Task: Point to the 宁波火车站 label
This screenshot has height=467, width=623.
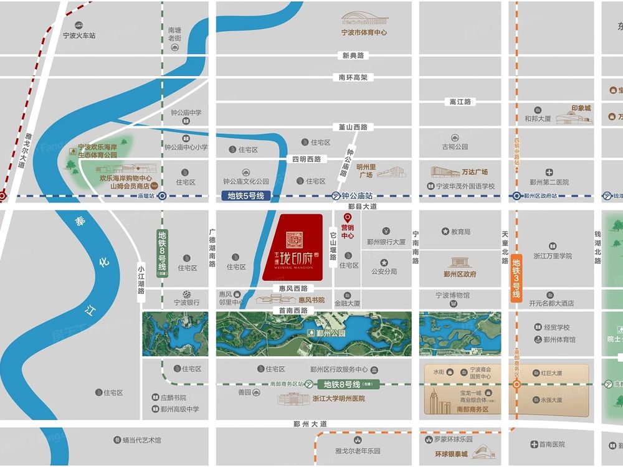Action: (x=79, y=35)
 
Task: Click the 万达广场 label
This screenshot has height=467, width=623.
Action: (x=475, y=172)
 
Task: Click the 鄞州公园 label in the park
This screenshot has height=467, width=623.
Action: (x=330, y=333)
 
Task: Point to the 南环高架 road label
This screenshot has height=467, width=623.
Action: (x=353, y=78)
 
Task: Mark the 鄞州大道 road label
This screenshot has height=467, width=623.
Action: (x=310, y=424)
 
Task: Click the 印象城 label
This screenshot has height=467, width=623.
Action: (x=581, y=108)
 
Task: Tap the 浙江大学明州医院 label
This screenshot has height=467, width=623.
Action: (x=339, y=399)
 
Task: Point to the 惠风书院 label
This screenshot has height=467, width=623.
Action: (x=311, y=300)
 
